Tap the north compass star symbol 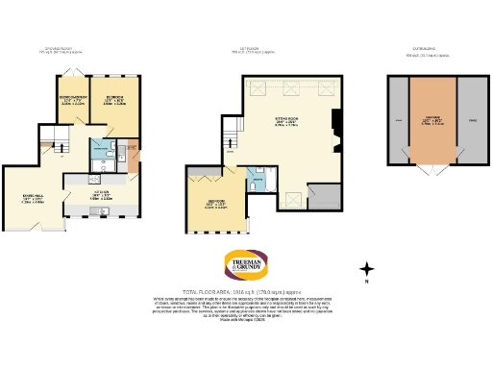tap(367, 270)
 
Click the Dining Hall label tap(32, 199)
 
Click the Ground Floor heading tap(60, 48)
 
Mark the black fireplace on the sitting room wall tap(333, 122)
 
